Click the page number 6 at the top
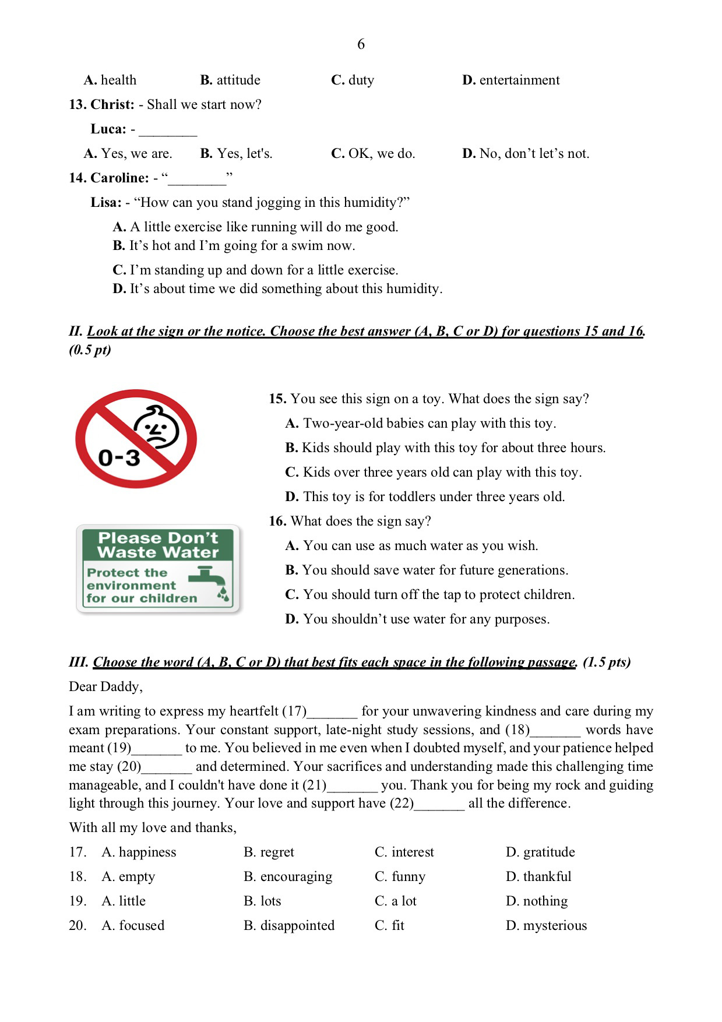tap(361, 44)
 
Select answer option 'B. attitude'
tap(230, 80)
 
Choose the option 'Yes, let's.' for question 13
tap(237, 153)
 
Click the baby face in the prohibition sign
tap(156, 428)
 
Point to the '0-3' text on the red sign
tap(119, 458)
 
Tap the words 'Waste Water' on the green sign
tap(158, 552)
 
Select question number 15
tap(277, 399)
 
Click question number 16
tap(277, 521)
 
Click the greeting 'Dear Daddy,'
tap(105, 686)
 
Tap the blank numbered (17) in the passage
tap(332, 712)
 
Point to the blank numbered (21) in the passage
tap(352, 786)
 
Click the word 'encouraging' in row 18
tap(296, 876)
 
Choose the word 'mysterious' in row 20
tap(554, 925)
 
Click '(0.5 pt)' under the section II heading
tap(90, 350)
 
